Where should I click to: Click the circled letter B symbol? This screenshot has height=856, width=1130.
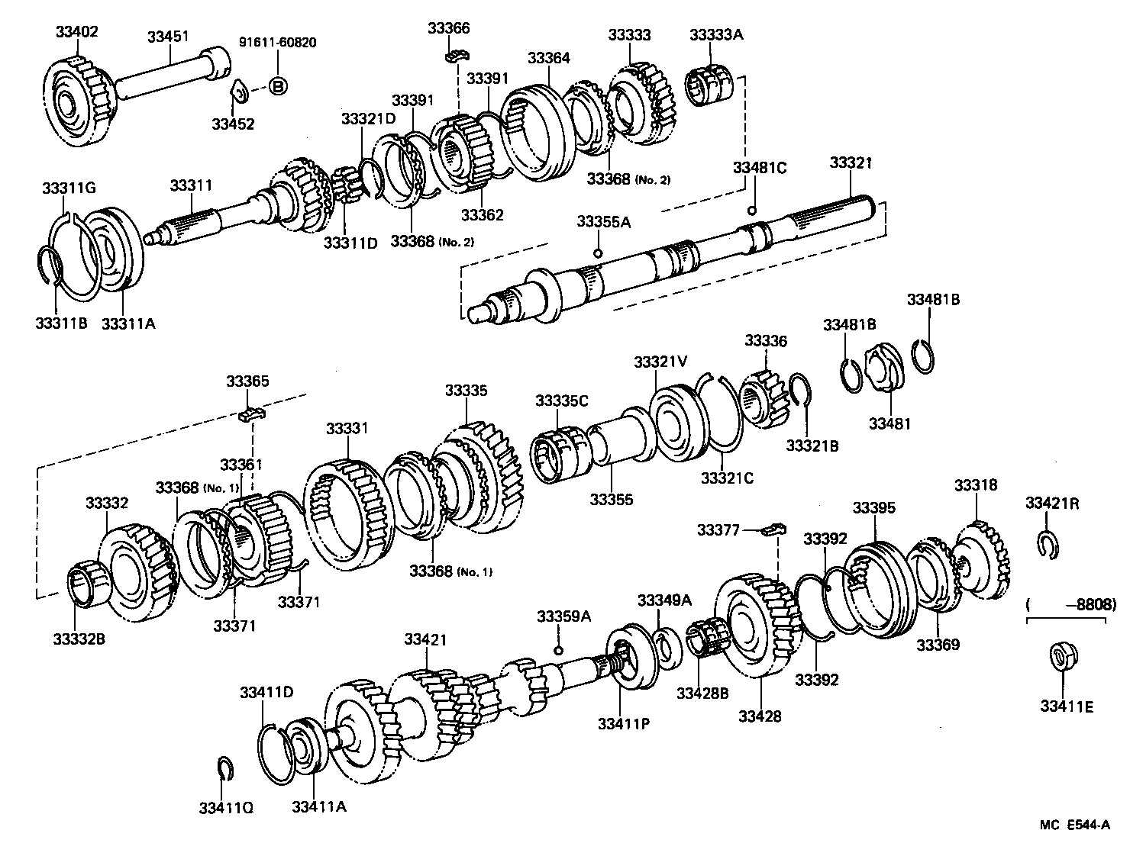click(279, 87)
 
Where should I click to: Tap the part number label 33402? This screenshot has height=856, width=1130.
click(76, 32)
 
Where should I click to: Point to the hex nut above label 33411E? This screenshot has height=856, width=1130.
click(1061, 658)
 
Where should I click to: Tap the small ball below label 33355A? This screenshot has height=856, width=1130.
click(599, 254)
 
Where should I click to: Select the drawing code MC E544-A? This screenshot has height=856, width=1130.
click(1073, 824)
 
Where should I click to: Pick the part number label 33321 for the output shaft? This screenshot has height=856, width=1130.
click(851, 163)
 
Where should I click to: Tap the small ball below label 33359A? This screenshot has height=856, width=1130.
click(559, 649)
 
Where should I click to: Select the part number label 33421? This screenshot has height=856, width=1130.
click(425, 639)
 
